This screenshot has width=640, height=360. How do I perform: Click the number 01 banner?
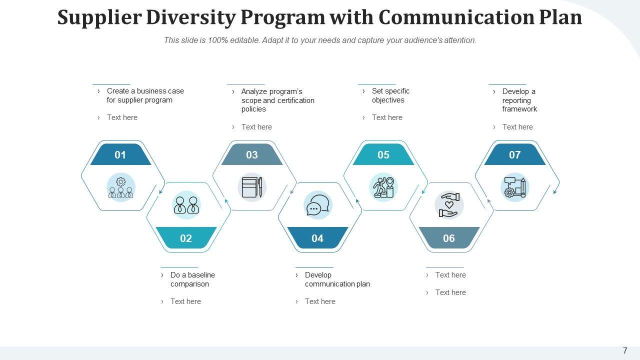(120, 154)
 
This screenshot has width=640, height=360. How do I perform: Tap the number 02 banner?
(186, 237)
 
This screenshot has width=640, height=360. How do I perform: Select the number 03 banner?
(252, 154)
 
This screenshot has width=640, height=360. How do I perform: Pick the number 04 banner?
(317, 237)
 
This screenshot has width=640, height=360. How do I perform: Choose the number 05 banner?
(383, 154)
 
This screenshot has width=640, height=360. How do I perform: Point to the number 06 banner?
(449, 237)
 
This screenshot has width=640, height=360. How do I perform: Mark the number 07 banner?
(515, 154)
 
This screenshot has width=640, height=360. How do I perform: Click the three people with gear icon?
(121, 187)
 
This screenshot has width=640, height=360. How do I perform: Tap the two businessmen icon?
(186, 205)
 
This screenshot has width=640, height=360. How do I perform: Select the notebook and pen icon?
(252, 187)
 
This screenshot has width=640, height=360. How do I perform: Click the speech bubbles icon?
(317, 205)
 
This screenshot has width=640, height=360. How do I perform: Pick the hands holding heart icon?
(449, 205)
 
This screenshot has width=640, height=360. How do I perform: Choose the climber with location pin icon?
(383, 187)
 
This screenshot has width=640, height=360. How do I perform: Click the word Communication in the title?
(456, 17)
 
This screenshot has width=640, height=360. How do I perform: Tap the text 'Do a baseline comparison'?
(192, 279)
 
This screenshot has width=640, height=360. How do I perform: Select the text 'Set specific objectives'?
(390, 95)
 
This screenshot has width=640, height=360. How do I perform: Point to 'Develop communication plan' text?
(337, 279)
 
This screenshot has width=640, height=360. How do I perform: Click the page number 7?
(625, 350)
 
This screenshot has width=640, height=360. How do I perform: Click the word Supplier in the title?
(99, 17)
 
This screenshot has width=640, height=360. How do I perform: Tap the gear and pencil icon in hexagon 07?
(515, 187)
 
